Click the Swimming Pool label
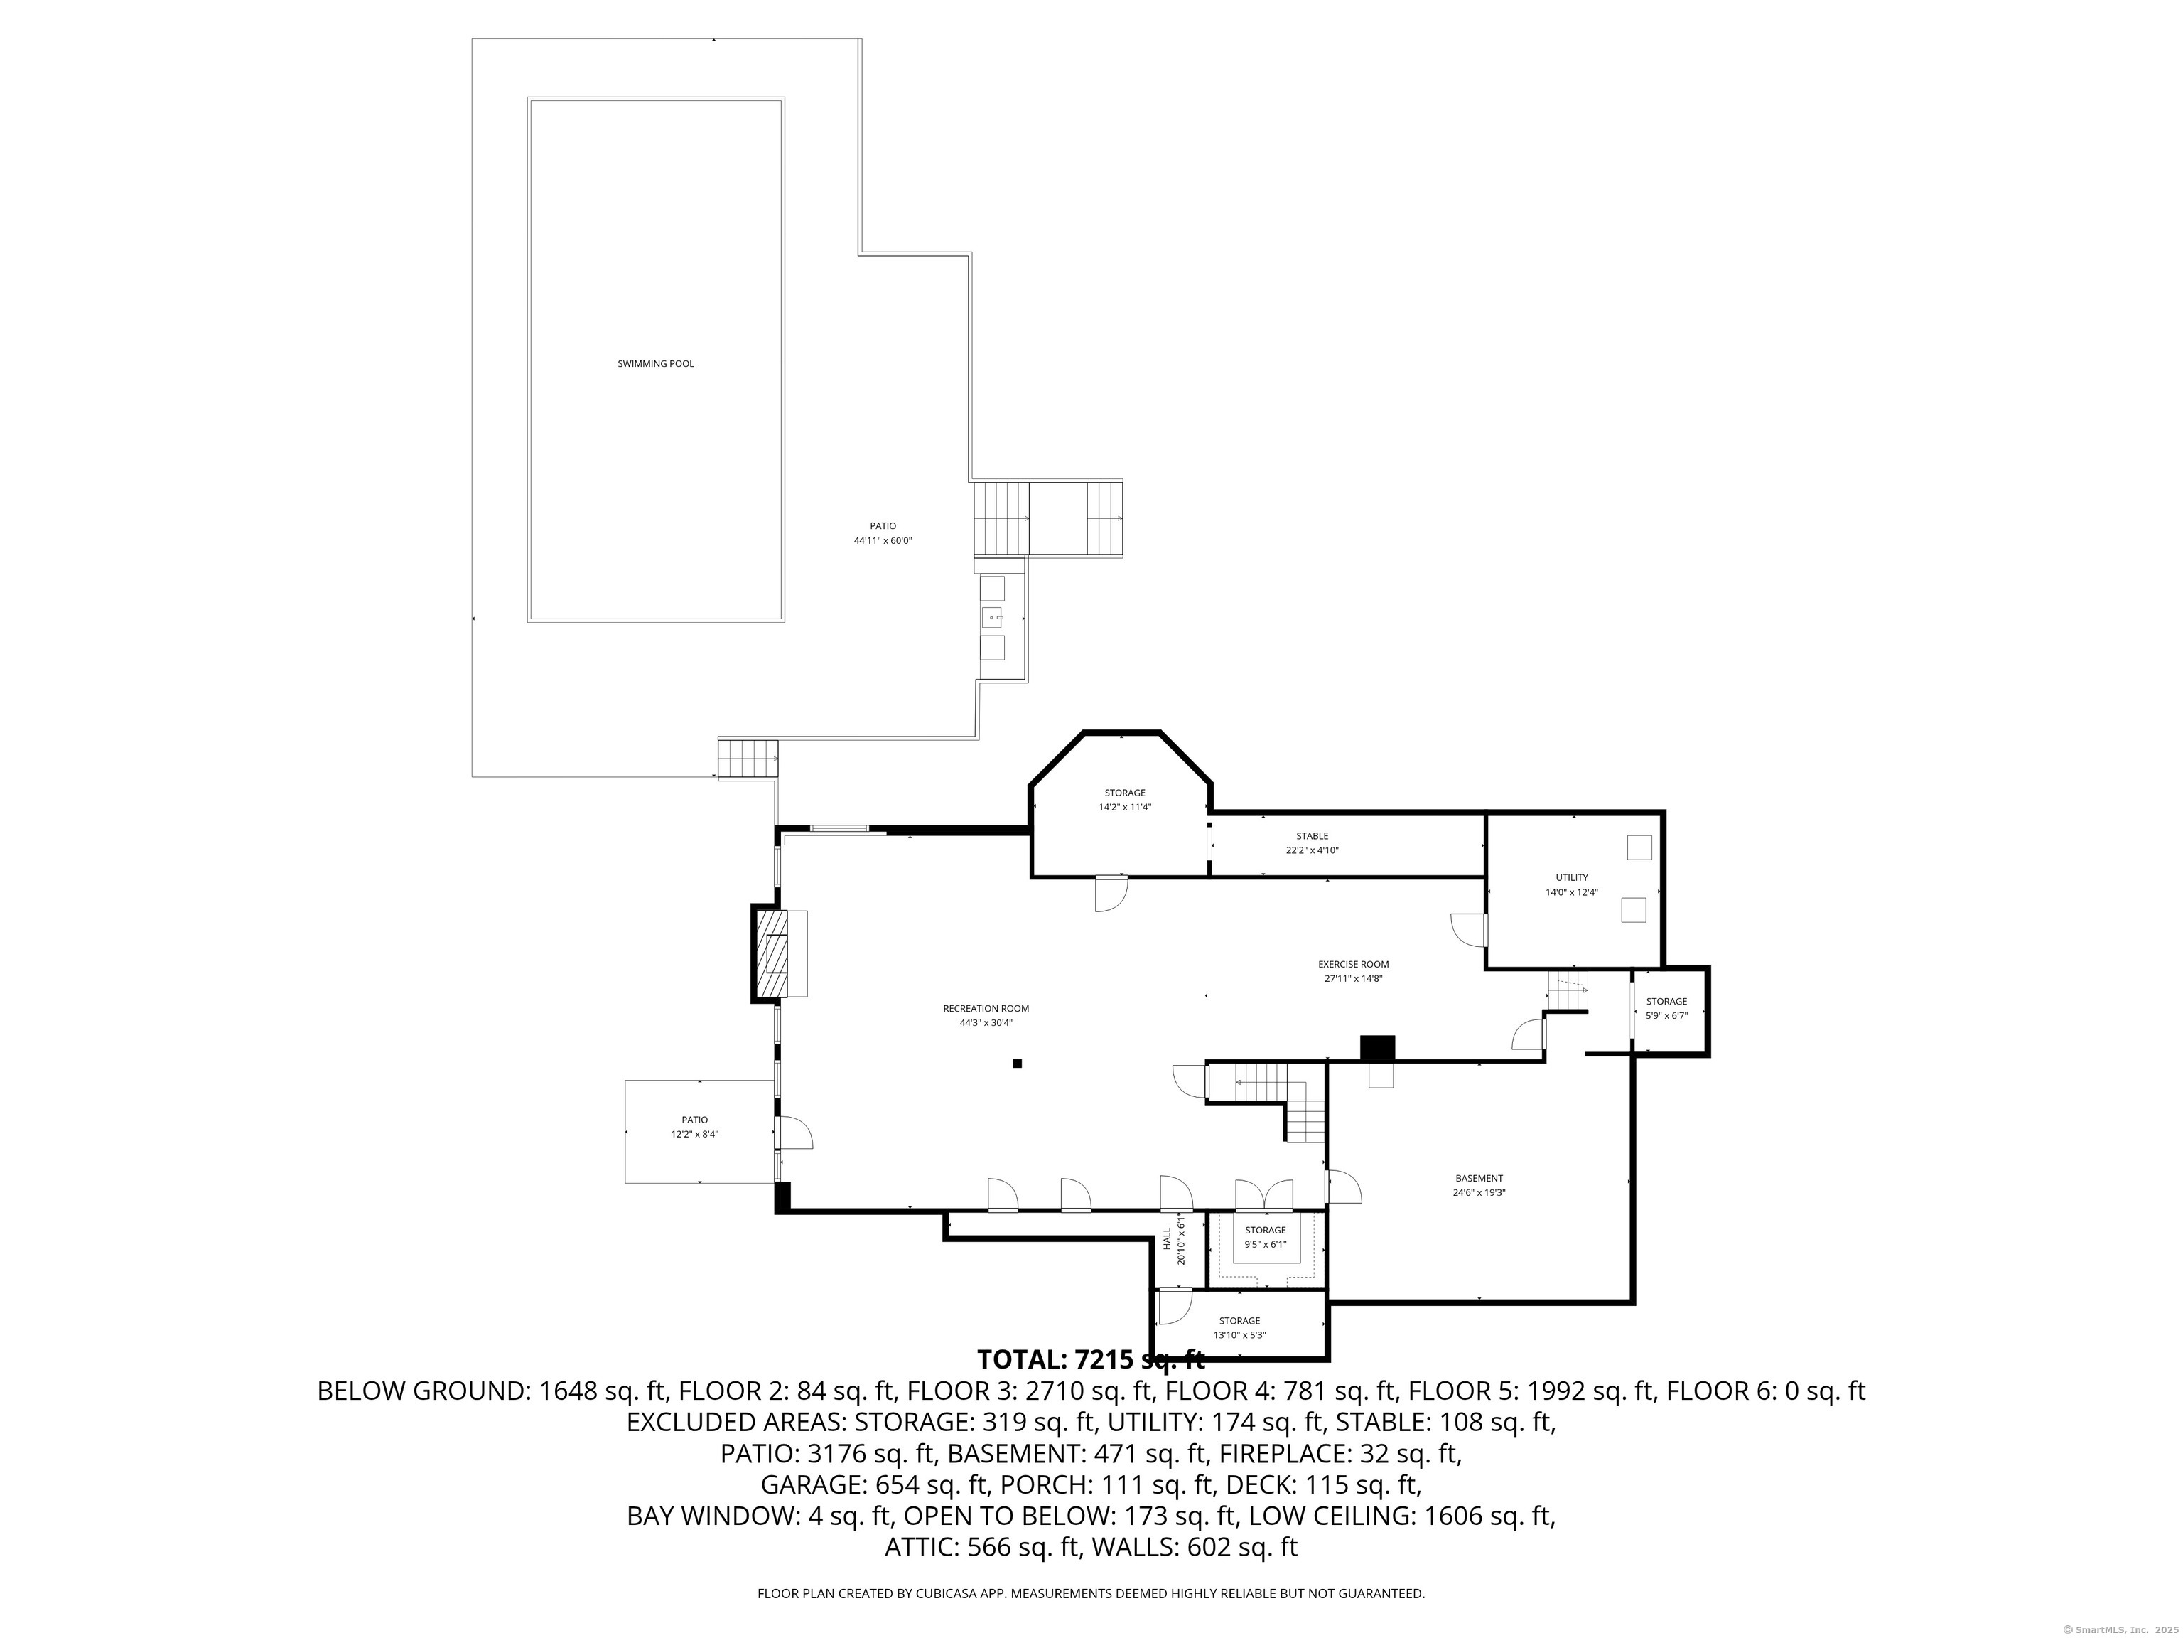(x=655, y=363)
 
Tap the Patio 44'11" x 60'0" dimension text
(x=883, y=541)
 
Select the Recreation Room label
(x=986, y=1008)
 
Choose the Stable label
(x=1312, y=836)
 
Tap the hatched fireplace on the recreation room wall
(x=772, y=954)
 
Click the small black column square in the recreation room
(x=1016, y=1064)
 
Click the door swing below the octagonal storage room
(x=1110, y=894)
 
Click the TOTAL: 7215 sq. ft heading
(x=1091, y=1359)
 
